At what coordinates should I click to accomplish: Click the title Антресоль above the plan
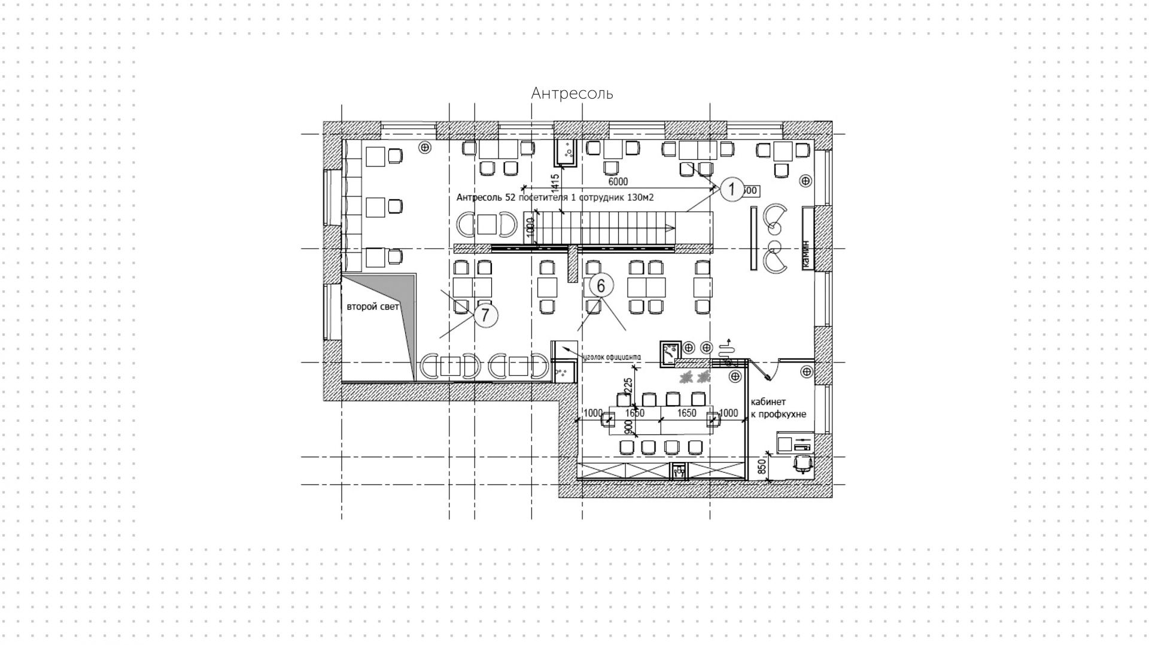[572, 93]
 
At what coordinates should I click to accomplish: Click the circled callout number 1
[731, 189]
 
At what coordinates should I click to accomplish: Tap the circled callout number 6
[601, 286]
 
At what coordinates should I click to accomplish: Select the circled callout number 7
[486, 315]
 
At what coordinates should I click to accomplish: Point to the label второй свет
[372, 306]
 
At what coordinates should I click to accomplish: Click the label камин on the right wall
[806, 254]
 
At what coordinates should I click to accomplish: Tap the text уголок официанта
[611, 357]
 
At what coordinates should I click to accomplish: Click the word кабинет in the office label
[768, 402]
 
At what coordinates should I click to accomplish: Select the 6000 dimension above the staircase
[618, 181]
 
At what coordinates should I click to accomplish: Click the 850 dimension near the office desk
[762, 467]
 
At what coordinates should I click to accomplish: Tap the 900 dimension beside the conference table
[628, 427]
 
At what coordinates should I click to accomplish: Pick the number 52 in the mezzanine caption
[510, 197]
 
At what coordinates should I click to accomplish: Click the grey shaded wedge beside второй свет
[406, 317]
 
